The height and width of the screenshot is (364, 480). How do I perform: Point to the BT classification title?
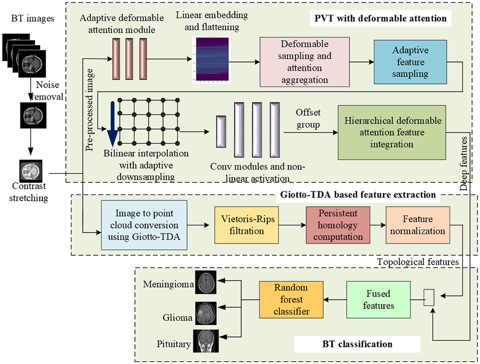pyautogui.click(x=357, y=343)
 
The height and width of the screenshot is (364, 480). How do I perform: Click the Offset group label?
pyautogui.click(x=308, y=119)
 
